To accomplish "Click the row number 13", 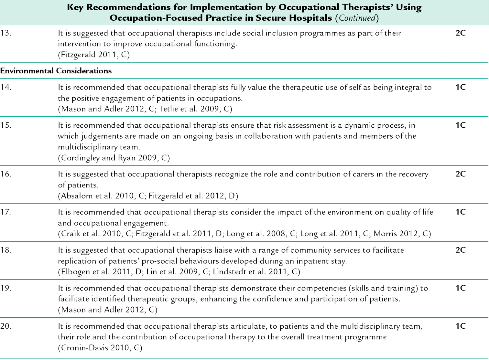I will click(x=6, y=33).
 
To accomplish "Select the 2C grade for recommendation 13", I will click(x=460, y=33).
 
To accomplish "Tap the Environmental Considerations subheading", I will click(x=56, y=71).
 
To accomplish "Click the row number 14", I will click(x=6, y=87).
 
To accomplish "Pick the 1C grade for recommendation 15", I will click(x=460, y=125).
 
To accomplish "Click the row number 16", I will click(x=6, y=174).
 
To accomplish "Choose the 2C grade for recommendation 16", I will click(x=460, y=174).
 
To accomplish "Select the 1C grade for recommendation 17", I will click(x=460, y=212).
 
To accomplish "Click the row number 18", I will click(x=6, y=250).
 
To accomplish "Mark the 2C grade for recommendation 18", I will click(x=460, y=250).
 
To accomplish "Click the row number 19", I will click(x=6, y=288).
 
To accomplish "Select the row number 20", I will click(x=6, y=326).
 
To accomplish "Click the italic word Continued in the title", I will click(x=357, y=18).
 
